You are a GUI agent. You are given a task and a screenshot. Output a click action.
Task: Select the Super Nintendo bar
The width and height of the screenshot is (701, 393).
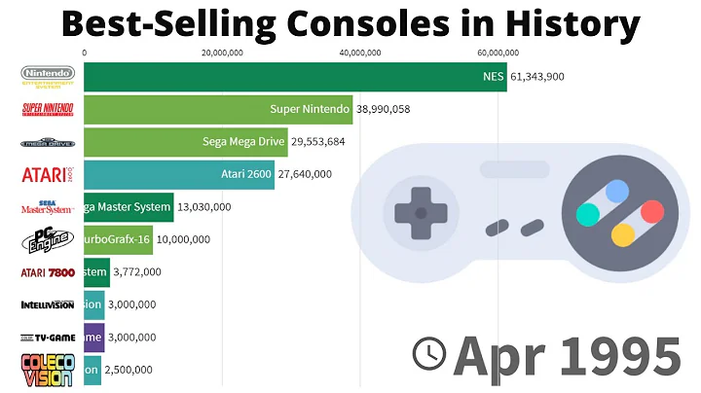tap(218, 109)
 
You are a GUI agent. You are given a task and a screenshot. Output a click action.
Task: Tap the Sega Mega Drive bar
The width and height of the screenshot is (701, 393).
tap(185, 142)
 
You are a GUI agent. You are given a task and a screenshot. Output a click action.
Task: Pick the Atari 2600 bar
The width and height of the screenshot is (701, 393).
tap(179, 175)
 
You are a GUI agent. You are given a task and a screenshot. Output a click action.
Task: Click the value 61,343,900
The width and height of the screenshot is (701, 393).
tap(537, 77)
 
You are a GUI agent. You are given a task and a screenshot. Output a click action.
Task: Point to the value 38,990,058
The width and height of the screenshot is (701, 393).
tap(383, 109)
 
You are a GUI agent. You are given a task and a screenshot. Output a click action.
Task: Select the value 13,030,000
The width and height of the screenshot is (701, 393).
tap(204, 207)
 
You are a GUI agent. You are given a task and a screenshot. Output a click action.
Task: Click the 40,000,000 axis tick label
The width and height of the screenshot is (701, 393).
tap(359, 53)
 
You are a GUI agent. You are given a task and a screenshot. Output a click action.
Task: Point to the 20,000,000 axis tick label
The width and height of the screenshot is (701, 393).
tap(222, 53)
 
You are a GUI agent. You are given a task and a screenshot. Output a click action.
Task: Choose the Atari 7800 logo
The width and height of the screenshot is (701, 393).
tap(46, 272)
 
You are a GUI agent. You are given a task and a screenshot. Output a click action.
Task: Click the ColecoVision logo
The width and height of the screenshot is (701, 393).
tap(46, 371)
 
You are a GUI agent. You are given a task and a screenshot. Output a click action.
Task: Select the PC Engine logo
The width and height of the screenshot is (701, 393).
tap(46, 239)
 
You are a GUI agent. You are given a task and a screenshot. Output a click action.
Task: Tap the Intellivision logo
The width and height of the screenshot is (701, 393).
tap(46, 304)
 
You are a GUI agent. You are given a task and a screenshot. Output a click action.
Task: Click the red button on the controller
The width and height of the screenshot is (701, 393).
tap(651, 211)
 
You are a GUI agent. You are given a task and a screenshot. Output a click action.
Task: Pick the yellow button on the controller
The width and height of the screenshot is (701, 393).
tap(622, 234)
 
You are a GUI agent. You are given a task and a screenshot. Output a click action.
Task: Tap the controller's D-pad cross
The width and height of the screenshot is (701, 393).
tap(421, 211)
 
